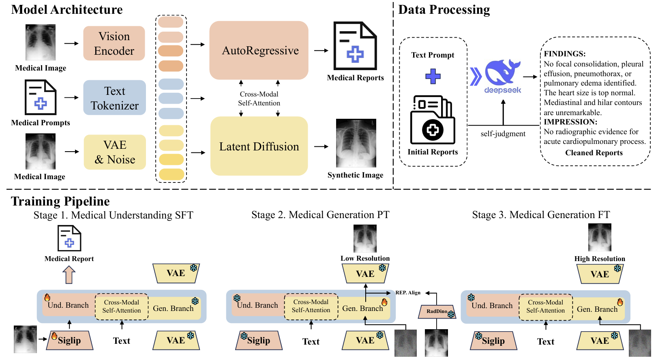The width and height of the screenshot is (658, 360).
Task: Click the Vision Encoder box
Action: tap(114, 43)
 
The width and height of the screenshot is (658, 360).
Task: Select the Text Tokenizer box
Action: tap(115, 98)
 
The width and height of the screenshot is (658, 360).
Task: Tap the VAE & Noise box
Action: tap(115, 152)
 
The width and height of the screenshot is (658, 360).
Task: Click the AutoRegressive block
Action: tap(259, 50)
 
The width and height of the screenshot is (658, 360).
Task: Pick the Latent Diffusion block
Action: tap(259, 146)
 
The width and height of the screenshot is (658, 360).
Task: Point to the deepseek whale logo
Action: tap(502, 73)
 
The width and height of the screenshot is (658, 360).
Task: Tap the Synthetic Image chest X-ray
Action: tap(356, 143)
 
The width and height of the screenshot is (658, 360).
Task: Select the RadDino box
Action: tap(437, 311)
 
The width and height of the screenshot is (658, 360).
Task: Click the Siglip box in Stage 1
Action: tap(69, 341)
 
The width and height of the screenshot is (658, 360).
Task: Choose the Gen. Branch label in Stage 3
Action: tap(597, 309)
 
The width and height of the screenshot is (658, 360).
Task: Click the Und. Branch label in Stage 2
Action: tap(257, 305)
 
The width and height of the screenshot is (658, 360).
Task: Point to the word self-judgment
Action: tap(503, 134)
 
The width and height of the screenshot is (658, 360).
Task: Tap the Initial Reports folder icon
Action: tap(433, 120)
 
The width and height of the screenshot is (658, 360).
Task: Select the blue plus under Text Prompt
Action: tap(433, 76)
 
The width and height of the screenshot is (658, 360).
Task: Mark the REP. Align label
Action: tap(408, 293)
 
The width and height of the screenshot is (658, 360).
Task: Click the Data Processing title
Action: tap(444, 9)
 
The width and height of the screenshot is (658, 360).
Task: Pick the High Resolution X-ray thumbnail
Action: tap(600, 238)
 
